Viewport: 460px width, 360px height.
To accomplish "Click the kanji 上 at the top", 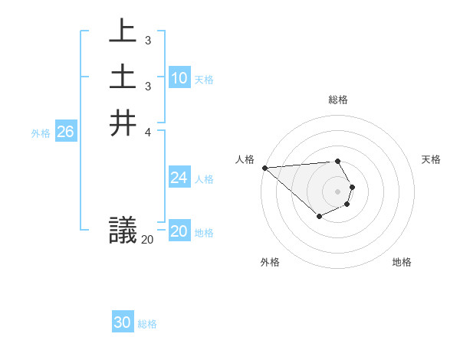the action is tap(123, 32).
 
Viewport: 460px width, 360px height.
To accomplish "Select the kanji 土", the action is tap(123, 78).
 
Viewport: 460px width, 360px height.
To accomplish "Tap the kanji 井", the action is tap(123, 123).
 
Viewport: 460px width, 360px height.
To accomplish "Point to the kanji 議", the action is tap(123, 231).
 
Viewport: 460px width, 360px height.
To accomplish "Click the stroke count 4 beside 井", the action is tap(147, 131).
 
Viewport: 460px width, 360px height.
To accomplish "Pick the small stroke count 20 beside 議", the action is tap(147, 240).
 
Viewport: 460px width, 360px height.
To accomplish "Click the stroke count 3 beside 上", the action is tap(147, 40).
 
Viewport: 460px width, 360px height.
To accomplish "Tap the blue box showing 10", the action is tap(179, 78).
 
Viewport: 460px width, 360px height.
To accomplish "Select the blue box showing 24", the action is tap(179, 178).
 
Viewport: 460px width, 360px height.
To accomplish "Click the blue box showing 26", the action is tap(65, 133).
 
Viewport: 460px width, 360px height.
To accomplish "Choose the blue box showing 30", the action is tap(123, 323).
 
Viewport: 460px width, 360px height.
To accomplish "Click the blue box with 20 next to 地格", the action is tap(179, 232).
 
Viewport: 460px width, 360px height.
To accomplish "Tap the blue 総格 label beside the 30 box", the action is tap(147, 324).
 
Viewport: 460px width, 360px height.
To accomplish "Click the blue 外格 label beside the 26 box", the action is tap(41, 133).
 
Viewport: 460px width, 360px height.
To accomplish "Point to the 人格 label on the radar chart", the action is tap(245, 159).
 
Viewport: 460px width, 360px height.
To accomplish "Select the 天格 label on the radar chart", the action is tap(431, 159).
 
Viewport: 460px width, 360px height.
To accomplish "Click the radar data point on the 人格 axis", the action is tap(264, 167).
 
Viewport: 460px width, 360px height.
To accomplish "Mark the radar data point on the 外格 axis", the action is tap(319, 218).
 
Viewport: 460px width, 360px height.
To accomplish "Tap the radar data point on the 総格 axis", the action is tap(337, 161).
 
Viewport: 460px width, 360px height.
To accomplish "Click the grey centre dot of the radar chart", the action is tap(337, 191).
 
